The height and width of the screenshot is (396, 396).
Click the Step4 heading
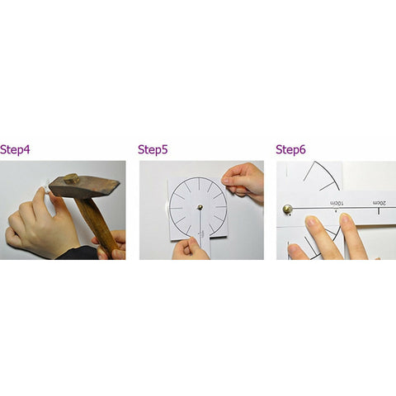[x=15, y=150]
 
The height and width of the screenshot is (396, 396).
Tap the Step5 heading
[x=153, y=150]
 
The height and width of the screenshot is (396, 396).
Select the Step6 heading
[x=290, y=150]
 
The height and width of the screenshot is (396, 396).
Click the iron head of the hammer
[x=84, y=187]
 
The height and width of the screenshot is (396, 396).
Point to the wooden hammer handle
[x=97, y=225]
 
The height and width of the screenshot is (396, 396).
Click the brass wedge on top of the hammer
[x=72, y=178]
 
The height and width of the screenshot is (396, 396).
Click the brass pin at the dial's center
[x=200, y=207]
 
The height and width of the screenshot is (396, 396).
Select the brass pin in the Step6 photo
[x=288, y=210]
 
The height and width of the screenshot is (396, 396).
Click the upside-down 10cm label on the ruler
[x=337, y=203]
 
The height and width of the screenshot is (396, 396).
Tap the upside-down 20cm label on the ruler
[x=379, y=203]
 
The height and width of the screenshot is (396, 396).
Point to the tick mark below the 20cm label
[x=379, y=211]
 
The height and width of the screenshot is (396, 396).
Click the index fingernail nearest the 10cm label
[x=312, y=221]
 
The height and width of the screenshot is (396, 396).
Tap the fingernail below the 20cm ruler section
[x=346, y=219]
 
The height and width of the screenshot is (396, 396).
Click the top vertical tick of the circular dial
[x=198, y=184]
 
